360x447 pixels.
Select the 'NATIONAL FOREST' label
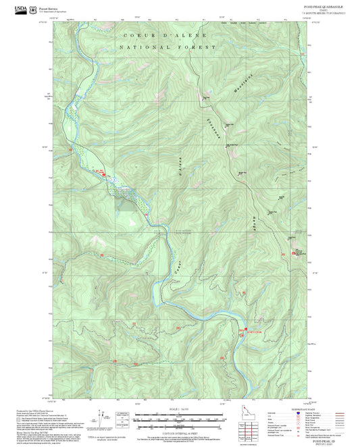pos(167,47)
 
